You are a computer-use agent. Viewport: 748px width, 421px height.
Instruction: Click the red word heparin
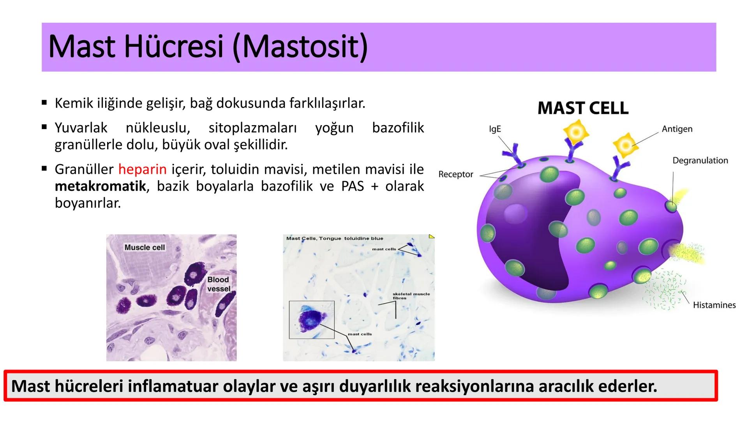click(x=143, y=170)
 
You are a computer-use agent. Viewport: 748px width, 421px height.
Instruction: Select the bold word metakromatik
click(x=101, y=186)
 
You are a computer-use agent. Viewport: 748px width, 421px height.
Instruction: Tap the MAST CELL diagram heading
click(x=583, y=108)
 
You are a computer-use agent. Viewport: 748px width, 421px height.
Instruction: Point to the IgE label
click(x=495, y=129)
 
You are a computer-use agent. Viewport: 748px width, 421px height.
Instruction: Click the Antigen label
click(x=677, y=129)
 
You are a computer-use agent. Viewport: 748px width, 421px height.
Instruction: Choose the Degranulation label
click(x=700, y=161)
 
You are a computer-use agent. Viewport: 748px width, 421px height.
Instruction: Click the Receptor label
click(x=456, y=174)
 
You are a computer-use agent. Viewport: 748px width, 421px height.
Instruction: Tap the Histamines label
click(x=714, y=305)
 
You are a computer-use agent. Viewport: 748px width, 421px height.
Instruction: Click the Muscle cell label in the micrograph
click(x=145, y=248)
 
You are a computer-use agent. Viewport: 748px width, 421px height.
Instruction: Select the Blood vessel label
click(x=219, y=284)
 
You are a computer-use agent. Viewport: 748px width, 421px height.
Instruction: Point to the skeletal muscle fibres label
click(x=411, y=296)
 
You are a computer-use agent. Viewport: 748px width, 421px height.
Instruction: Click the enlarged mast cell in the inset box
click(x=311, y=318)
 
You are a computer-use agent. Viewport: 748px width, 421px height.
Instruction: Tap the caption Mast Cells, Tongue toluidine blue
click(x=335, y=238)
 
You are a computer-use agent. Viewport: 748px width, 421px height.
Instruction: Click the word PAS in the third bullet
click(x=352, y=186)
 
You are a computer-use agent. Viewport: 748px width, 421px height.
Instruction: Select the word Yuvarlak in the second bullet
click(x=81, y=128)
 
